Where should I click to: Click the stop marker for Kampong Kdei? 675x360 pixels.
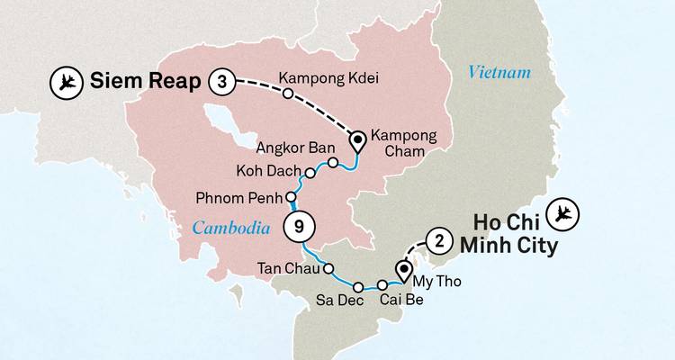coord(287,94)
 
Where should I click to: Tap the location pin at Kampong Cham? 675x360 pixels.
coord(357,140)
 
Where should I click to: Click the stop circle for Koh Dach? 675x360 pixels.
coord(310,172)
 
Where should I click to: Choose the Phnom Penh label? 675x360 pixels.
coord(237,197)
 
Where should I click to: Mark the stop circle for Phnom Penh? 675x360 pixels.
coord(290,197)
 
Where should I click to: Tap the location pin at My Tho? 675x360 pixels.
coord(404,268)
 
